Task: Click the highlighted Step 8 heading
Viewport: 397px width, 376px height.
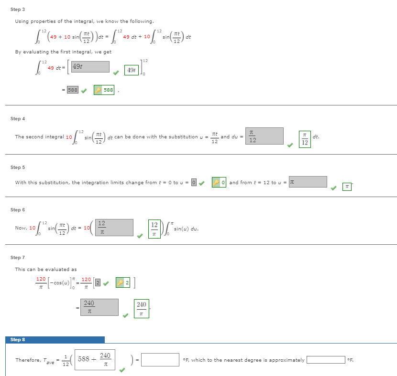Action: pos(18,340)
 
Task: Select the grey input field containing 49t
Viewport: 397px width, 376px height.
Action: pos(90,67)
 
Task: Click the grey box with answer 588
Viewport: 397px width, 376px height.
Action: pos(72,90)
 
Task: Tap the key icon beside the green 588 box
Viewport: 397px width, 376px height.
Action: pos(98,90)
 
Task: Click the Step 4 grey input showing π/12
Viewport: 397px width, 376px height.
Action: pos(265,136)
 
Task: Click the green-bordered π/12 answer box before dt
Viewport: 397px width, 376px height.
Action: pos(305,139)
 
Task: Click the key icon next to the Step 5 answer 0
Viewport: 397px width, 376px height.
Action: pos(216,182)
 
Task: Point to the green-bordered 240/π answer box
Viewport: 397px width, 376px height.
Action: pos(142,308)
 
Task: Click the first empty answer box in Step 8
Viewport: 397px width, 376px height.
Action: pos(160,360)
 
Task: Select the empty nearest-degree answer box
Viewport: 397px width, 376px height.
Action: pos(325,360)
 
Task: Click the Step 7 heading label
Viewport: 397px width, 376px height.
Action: pos(18,258)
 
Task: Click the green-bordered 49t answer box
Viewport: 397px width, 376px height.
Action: pos(132,70)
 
